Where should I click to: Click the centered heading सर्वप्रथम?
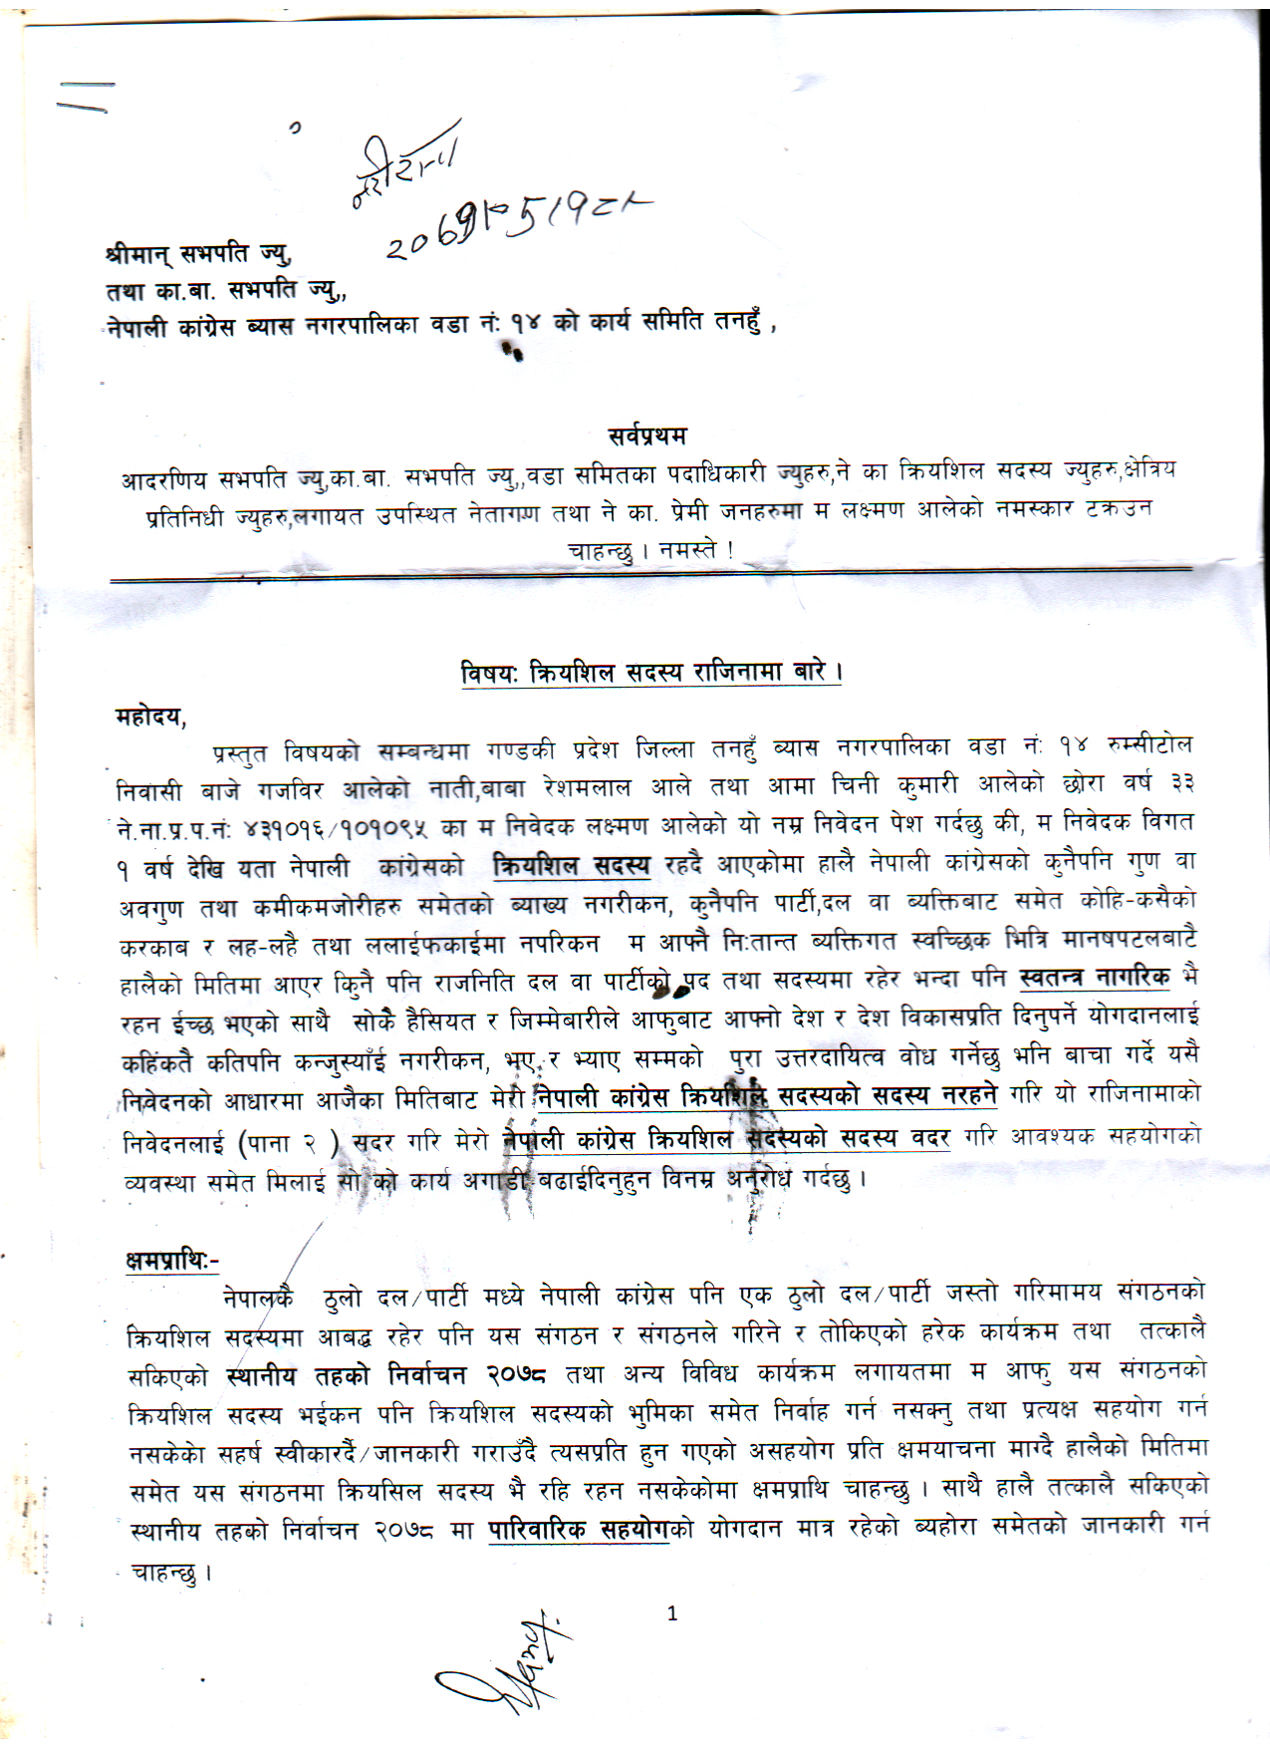[x=646, y=436]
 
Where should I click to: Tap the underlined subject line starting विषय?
[x=652, y=673]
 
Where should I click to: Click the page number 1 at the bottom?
[x=672, y=1613]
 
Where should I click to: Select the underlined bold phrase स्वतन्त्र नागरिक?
[x=1096, y=977]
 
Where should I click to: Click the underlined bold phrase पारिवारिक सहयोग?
[x=578, y=1530]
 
